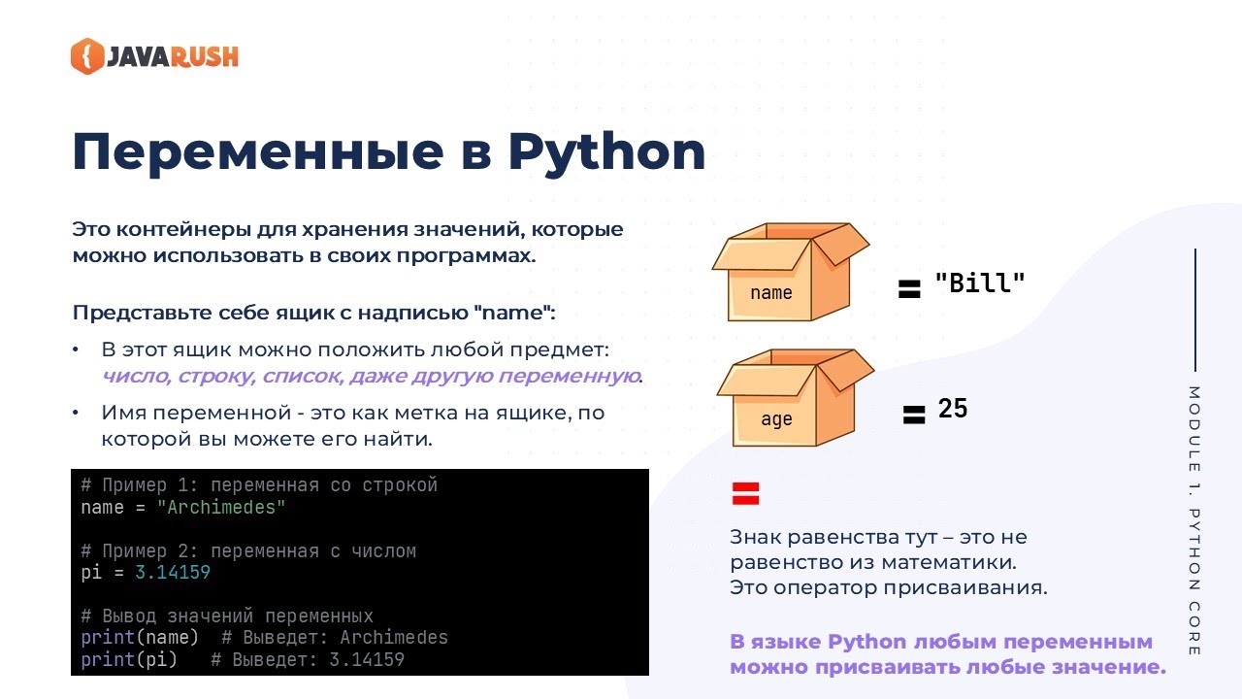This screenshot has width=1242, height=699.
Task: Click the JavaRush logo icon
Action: click(x=86, y=55)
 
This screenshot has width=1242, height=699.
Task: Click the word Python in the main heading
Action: click(x=606, y=151)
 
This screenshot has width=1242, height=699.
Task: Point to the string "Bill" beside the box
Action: click(x=979, y=283)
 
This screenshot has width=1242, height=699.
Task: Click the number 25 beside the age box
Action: click(x=953, y=409)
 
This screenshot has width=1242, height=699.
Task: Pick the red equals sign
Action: click(x=745, y=494)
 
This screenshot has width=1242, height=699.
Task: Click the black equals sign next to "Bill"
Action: click(x=908, y=289)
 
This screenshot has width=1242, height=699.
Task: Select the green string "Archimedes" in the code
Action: click(x=221, y=508)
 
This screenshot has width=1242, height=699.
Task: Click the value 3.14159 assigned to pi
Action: click(x=173, y=573)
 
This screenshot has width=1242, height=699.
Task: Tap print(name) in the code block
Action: click(x=140, y=638)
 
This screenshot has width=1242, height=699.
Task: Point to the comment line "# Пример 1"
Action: click(x=259, y=485)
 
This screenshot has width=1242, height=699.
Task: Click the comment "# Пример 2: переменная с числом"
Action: click(x=248, y=551)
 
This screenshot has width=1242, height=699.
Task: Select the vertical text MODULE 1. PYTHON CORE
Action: click(x=1194, y=520)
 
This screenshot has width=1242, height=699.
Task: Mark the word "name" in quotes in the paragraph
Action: click(x=513, y=314)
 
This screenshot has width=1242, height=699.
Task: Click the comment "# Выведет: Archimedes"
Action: click(x=335, y=638)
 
